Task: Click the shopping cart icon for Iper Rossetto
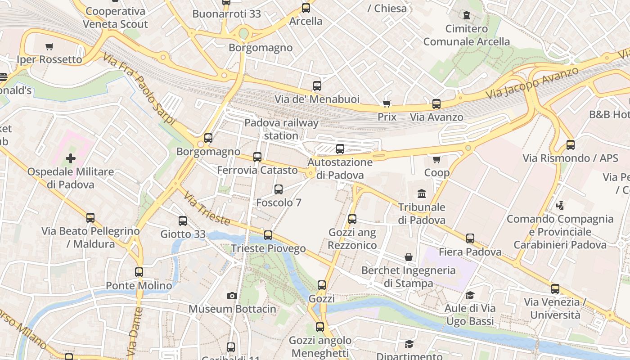49,46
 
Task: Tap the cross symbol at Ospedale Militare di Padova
71,158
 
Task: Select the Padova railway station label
281,129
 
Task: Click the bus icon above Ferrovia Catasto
257,157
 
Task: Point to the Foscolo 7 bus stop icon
279,189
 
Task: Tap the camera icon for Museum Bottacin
232,296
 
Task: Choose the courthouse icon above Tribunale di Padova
422,194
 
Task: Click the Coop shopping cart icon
436,159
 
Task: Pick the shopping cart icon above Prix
387,104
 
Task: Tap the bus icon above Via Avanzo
436,104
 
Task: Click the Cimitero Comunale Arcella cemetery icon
467,16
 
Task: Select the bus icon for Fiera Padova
470,238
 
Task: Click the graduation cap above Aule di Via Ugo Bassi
470,295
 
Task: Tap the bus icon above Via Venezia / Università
555,289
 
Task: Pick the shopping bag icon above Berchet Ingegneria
409,257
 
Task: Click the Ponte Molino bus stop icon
139,272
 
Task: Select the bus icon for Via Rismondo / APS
571,145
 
